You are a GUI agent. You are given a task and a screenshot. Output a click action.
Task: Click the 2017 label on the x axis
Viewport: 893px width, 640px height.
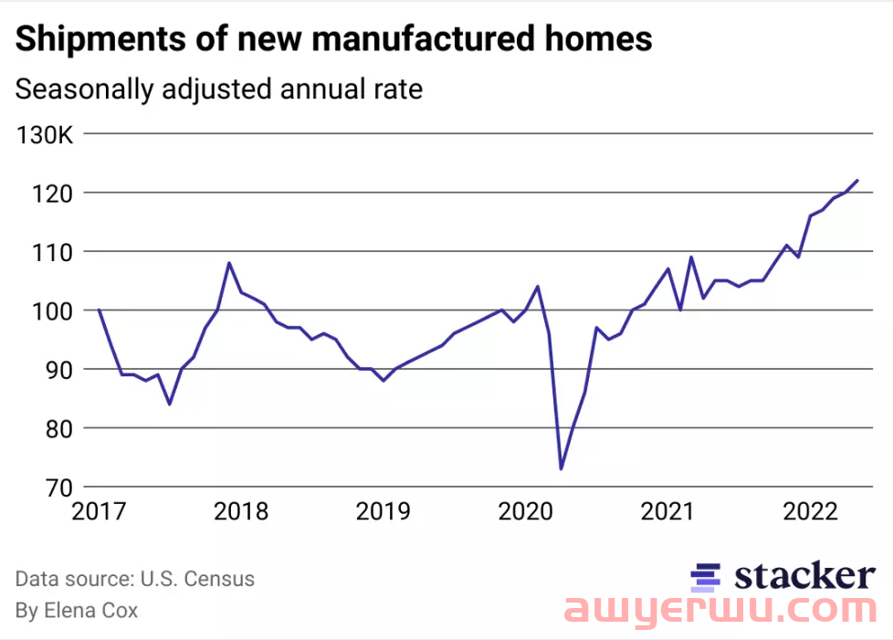tap(98, 510)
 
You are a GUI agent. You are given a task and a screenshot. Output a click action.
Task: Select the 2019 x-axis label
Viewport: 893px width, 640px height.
tap(383, 510)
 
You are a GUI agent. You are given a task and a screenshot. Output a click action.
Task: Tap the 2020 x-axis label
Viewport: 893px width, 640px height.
tap(526, 510)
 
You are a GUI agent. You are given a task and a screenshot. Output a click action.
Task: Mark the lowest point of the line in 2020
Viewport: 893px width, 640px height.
tap(561, 468)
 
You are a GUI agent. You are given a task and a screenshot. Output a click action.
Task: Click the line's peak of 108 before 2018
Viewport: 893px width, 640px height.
tap(228, 263)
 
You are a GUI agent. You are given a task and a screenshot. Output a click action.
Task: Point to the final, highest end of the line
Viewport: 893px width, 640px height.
tap(857, 180)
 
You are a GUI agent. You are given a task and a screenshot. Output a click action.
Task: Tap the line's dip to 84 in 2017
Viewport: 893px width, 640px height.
tap(170, 404)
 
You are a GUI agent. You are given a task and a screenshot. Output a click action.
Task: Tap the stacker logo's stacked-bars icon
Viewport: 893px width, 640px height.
tap(706, 576)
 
